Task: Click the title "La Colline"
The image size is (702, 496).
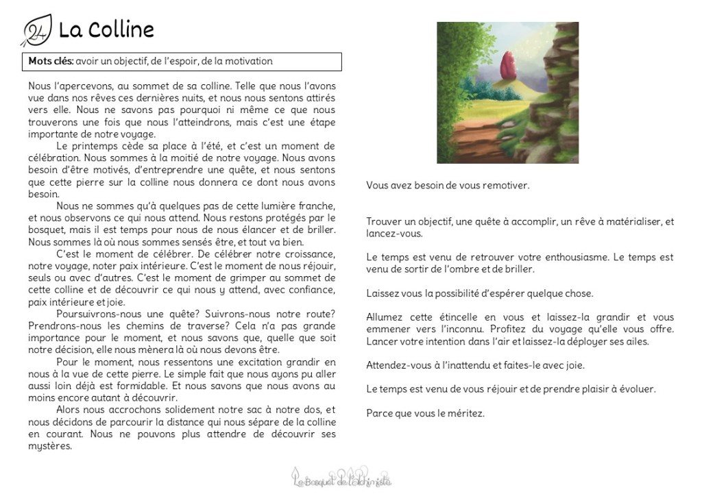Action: [106, 29]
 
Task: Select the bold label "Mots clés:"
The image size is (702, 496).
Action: [51, 61]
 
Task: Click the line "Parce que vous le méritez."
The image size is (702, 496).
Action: [425, 413]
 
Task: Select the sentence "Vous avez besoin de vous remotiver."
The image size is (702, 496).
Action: [448, 185]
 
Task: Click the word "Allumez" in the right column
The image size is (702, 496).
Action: [384, 317]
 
